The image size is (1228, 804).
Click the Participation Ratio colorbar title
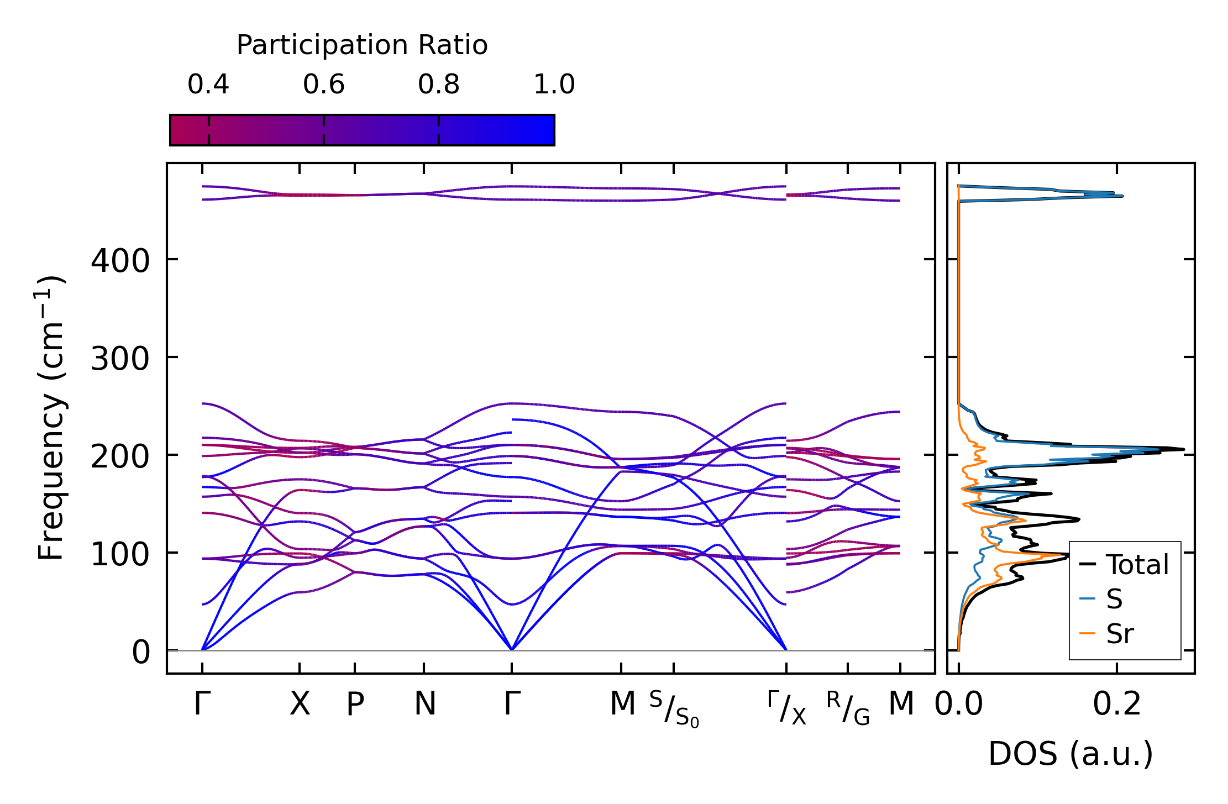(362, 45)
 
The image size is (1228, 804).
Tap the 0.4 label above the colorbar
(208, 85)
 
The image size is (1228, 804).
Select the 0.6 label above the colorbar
(324, 85)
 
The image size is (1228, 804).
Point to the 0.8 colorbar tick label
(439, 85)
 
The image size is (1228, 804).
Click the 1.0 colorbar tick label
(554, 85)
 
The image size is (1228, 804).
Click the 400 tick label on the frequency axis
(120, 260)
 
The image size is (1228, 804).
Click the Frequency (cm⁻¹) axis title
(51, 418)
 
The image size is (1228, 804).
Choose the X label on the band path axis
(300, 704)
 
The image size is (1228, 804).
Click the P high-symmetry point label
(355, 704)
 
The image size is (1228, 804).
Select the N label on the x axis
(425, 704)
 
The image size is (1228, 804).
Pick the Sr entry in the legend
(1120, 633)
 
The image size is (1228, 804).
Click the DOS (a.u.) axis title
(1070, 754)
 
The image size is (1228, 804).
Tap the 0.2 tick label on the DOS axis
(1117, 704)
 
